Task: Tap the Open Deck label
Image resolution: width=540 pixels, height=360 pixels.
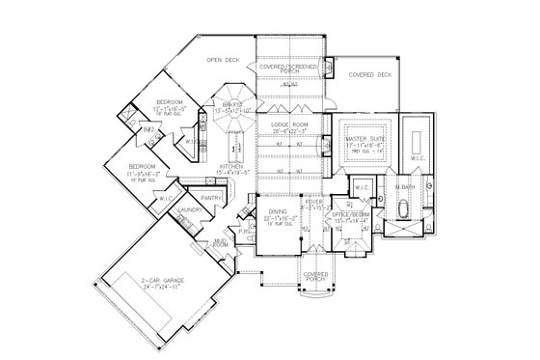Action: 223,61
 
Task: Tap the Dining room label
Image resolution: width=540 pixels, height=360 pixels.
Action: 278,215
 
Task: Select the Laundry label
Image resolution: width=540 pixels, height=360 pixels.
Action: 189,209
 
